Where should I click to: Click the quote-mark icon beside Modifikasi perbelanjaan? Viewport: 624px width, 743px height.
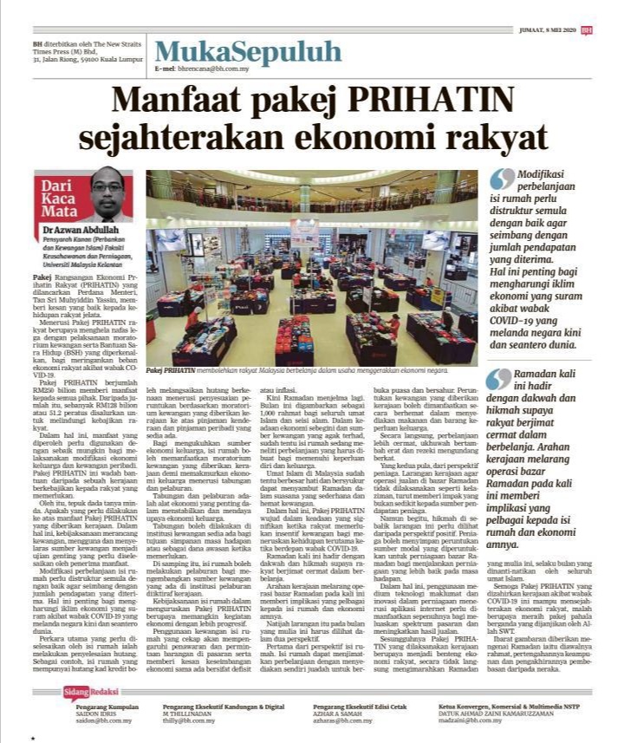pos(501,179)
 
